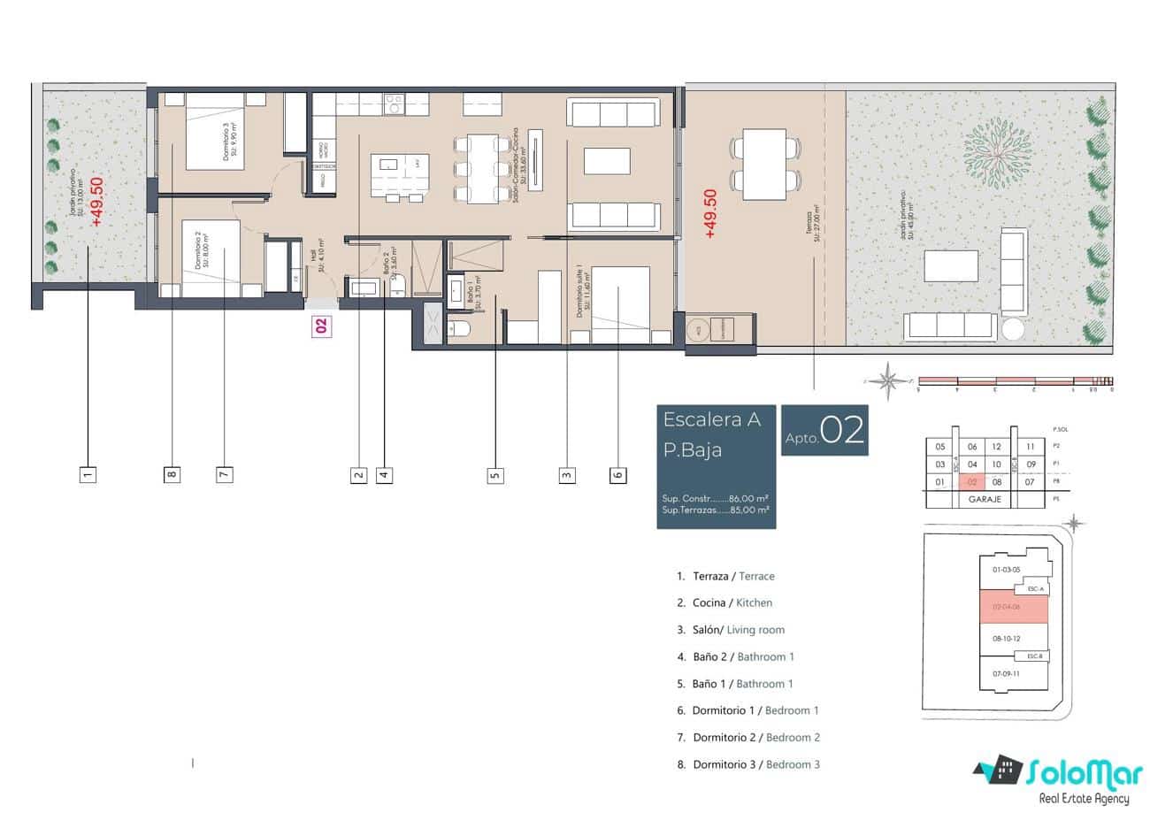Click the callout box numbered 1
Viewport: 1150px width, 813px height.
point(88,474)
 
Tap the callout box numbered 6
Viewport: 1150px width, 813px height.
point(617,474)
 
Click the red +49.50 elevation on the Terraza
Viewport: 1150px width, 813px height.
point(709,213)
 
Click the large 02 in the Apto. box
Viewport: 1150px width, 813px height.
point(841,431)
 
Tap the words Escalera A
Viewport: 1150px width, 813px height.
point(712,420)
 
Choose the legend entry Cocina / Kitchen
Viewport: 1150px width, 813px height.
point(724,602)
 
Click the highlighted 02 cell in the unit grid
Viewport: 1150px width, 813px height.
point(972,482)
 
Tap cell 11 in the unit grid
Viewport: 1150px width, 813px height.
point(1030,447)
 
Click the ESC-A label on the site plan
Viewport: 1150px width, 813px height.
point(1035,588)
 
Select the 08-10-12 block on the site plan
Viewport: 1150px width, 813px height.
point(1008,637)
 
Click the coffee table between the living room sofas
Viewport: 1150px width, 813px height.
point(607,161)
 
